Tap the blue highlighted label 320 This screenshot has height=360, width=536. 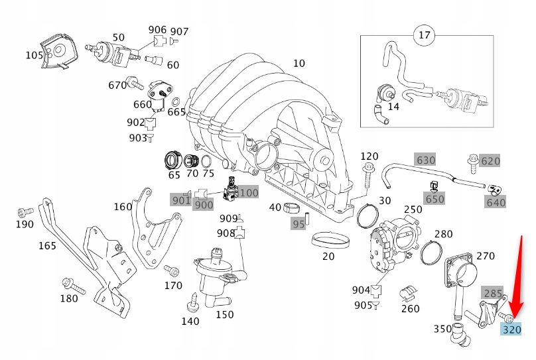coord(511,330)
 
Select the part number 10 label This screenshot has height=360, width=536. coord(299,64)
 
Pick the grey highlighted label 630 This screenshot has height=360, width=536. coord(425,160)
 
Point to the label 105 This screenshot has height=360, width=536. coord(34,55)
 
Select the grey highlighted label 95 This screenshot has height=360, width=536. coord(299,223)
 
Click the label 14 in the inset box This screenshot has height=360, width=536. coord(393,106)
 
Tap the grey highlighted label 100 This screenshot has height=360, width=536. coord(249,193)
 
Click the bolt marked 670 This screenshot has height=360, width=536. coord(136,84)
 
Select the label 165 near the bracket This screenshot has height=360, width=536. coord(47,246)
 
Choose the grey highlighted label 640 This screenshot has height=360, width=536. coord(496,202)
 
